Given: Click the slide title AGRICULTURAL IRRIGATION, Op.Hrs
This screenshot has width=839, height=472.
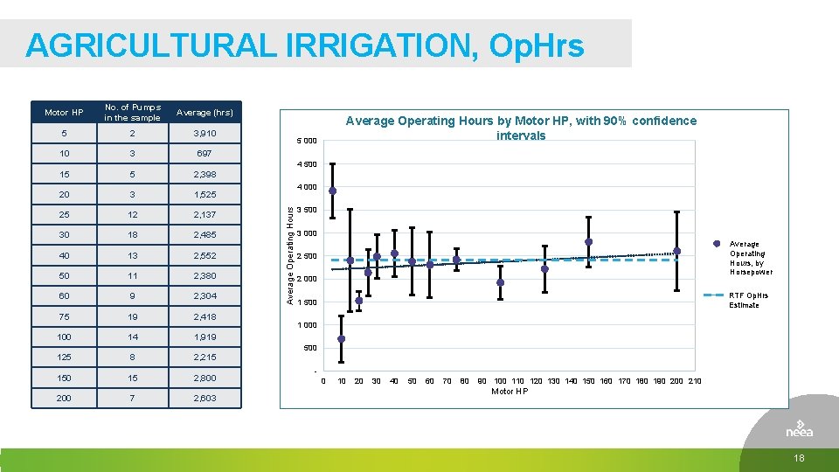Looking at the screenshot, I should click(x=304, y=45).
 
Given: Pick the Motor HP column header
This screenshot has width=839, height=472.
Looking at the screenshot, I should click(x=64, y=112).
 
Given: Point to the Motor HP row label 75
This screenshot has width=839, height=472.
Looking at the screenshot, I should click(x=64, y=316).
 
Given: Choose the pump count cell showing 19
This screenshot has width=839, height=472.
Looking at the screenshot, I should click(x=132, y=316).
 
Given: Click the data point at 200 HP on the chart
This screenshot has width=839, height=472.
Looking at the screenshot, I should click(x=677, y=251).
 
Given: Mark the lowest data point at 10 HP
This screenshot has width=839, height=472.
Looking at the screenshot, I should click(x=342, y=339).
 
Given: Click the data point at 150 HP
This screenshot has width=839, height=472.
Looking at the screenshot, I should click(x=589, y=242).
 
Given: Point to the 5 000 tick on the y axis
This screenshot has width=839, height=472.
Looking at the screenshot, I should click(x=306, y=142).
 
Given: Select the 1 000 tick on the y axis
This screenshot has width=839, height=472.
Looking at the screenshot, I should click(x=306, y=325).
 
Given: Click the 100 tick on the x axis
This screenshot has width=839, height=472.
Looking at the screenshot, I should click(x=500, y=381).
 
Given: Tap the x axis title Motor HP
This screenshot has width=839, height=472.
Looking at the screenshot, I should click(x=510, y=392).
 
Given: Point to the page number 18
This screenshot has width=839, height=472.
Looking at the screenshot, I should click(x=799, y=460).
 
